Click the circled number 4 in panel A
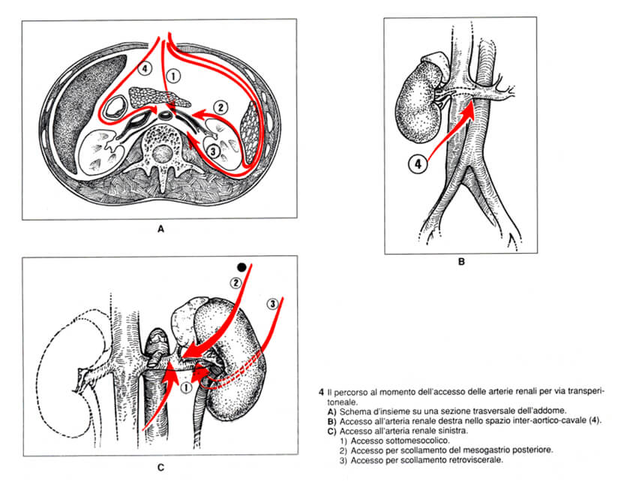click(145, 68)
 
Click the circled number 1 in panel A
click(173, 76)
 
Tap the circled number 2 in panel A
click(220, 107)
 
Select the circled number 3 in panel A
click(213, 151)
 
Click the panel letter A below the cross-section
click(160, 229)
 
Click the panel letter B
click(461, 262)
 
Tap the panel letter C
click(160, 467)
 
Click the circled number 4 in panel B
click(418, 164)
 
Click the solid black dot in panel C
click(241, 267)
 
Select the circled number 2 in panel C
click(235, 283)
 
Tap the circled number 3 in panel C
click(273, 303)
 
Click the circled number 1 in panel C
click(186, 387)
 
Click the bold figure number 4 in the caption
click(321, 392)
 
